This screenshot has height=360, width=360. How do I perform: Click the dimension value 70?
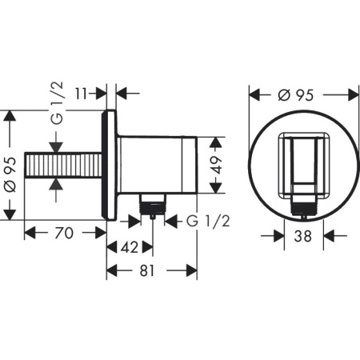[x=66, y=234]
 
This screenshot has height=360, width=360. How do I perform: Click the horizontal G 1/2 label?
[x=206, y=222]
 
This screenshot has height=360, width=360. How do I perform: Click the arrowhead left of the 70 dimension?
[x=29, y=233]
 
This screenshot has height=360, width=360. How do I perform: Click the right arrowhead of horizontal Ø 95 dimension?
[x=353, y=94]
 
